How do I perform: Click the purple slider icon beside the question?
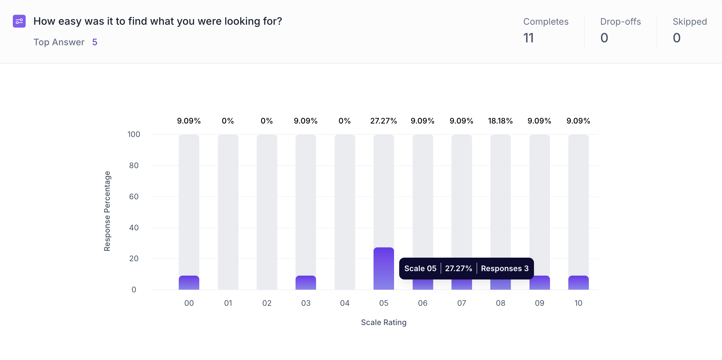coord(19,21)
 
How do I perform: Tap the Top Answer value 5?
coord(95,42)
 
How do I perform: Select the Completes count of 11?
coord(529,38)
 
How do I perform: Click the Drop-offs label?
coord(620,21)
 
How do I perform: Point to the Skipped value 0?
coord(676,38)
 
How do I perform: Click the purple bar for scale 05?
coord(383,268)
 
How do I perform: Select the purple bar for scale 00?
coord(189,283)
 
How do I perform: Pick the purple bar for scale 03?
coord(305,283)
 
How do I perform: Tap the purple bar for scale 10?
coord(578,283)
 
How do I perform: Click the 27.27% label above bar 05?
coord(383,121)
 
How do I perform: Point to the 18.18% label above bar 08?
coord(500,121)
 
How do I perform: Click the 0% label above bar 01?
coord(228,121)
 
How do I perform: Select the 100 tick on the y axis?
coord(134,134)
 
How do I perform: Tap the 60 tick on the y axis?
coord(134,197)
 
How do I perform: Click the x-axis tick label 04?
coord(345,303)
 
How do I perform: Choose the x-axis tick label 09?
coord(539,303)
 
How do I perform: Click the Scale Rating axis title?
coord(383,322)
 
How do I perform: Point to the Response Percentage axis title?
coord(107,211)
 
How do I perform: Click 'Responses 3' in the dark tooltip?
coord(504,269)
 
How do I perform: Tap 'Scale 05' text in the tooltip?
coord(420,269)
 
